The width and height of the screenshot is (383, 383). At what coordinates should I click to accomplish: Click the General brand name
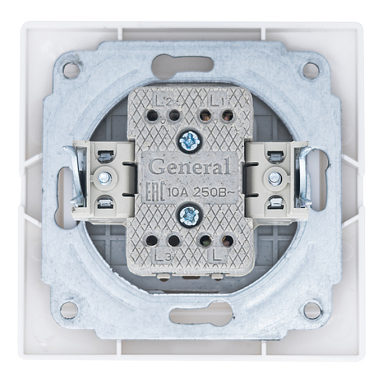coord(190,167)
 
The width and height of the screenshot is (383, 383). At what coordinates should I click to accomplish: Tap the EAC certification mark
coord(156,191)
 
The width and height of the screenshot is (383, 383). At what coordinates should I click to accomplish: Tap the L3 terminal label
coord(162,255)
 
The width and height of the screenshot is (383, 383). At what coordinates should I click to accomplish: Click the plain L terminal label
coord(216,256)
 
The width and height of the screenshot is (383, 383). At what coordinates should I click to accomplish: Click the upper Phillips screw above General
coord(190,142)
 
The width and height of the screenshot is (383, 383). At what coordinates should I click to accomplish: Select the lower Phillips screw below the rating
coord(190,216)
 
